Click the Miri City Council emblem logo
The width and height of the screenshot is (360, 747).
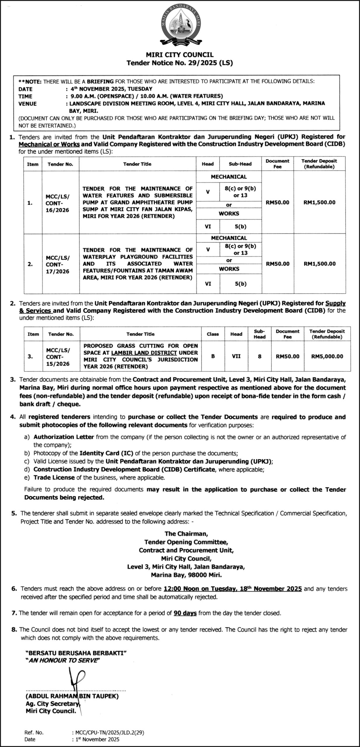(180, 26)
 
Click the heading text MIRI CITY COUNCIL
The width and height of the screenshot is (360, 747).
(180, 55)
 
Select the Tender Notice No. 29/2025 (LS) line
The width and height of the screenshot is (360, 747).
(180, 62)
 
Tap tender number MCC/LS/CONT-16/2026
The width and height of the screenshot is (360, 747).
(58, 203)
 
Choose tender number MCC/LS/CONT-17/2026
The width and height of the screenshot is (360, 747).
(58, 264)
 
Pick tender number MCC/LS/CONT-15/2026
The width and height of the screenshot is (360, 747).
(58, 357)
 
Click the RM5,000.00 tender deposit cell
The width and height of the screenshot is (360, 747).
(327, 356)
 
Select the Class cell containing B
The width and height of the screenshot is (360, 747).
(213, 356)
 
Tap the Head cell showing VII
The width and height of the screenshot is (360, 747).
(236, 356)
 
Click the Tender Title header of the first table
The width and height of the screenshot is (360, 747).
(137, 164)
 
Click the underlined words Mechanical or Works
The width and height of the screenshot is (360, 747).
(49, 144)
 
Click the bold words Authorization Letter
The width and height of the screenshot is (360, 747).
(64, 437)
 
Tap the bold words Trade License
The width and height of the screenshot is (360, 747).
(54, 478)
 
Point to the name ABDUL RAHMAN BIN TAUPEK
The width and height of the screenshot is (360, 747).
(72, 697)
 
